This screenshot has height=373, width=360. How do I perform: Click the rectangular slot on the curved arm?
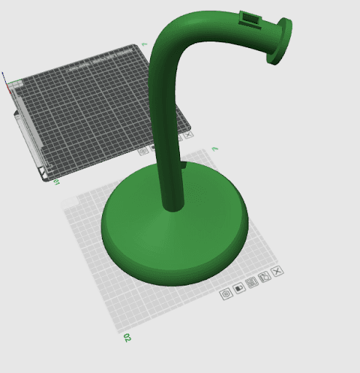click(249, 20)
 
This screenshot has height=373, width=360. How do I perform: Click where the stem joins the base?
click(173, 205)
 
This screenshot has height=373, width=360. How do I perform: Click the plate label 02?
click(127, 338)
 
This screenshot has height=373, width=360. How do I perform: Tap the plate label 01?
click(55, 180)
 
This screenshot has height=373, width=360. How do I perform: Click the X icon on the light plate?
click(277, 271)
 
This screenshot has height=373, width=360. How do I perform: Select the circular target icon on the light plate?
click(225, 293)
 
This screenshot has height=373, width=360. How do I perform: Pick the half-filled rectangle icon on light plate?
click(239, 288)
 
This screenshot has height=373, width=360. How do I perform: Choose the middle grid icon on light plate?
click(252, 283)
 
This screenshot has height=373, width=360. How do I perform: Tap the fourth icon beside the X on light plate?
click(265, 277)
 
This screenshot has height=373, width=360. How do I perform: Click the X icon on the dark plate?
click(189, 135)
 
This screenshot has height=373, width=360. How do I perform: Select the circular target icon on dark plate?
click(144, 151)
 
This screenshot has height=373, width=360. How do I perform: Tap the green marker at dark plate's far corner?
click(144, 45)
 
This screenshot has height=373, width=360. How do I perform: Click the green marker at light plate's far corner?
click(214, 149)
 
